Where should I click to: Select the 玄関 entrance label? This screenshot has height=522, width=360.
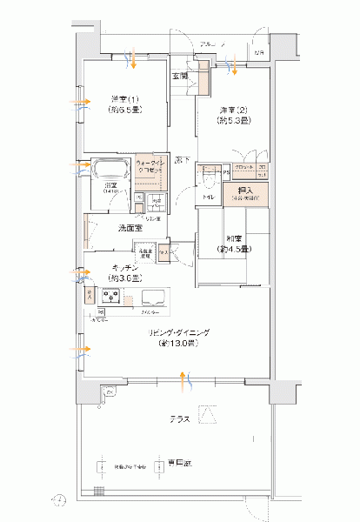coord(180,77)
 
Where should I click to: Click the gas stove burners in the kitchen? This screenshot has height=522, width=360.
coord(111,297)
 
